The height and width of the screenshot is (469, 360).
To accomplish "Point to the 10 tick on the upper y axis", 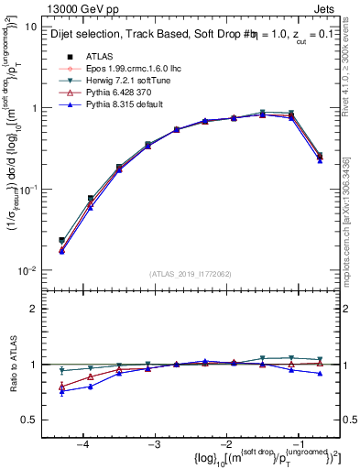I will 29,27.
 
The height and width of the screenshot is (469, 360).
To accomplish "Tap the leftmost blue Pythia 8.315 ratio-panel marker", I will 61,392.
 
